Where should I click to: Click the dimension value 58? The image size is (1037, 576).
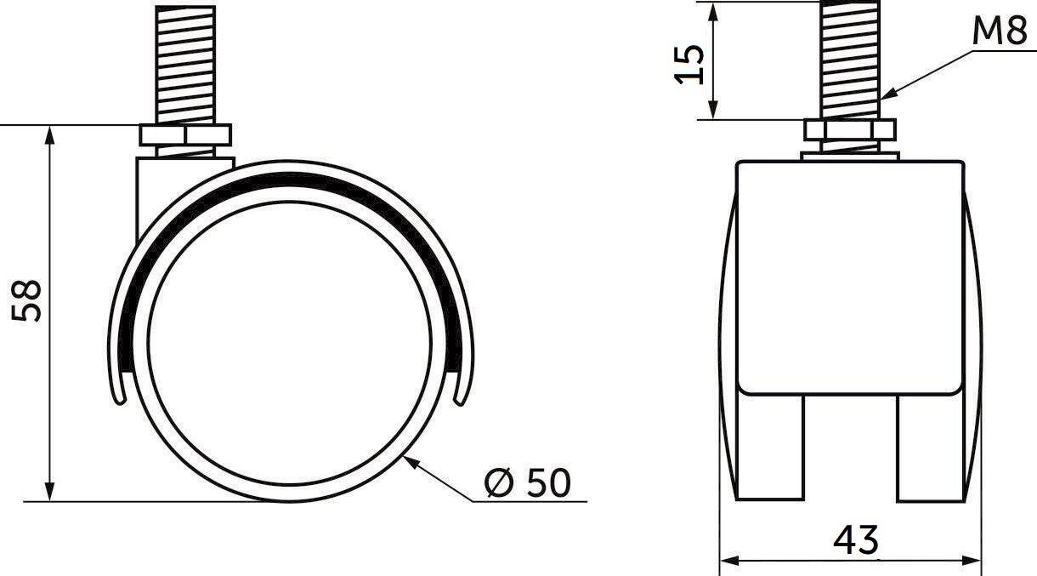[x=26, y=300]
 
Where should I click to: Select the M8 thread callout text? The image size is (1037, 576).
[x=999, y=31]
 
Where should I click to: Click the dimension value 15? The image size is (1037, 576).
[x=688, y=65]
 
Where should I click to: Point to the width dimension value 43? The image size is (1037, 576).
[x=855, y=540]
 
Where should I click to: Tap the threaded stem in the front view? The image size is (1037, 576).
[x=849, y=60]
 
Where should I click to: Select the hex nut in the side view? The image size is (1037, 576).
[x=185, y=134]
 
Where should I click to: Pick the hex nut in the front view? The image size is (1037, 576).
[x=849, y=130]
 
